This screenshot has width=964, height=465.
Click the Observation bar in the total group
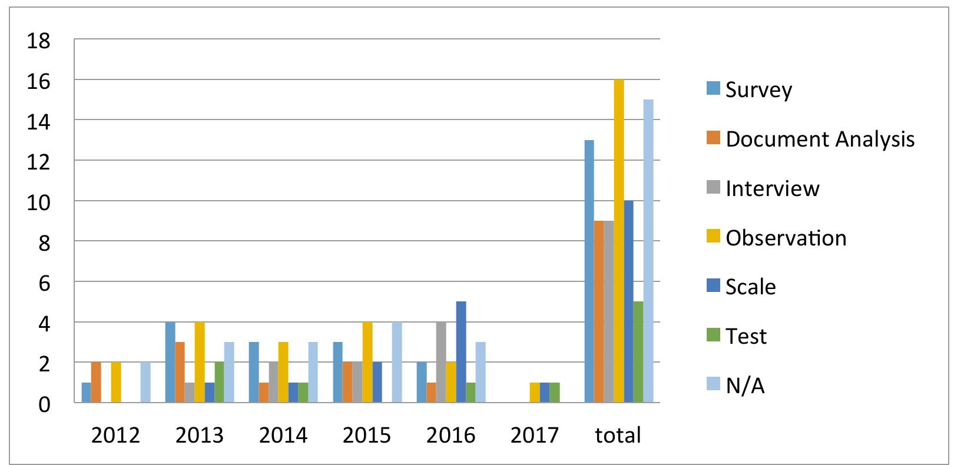click(618, 241)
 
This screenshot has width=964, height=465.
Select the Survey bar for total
click(589, 271)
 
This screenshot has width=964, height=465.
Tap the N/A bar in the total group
click(648, 251)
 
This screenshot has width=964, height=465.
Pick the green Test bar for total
click(638, 352)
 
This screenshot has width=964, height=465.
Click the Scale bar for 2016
click(461, 352)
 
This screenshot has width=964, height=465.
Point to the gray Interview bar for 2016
click(441, 362)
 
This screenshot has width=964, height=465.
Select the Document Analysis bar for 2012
click(96, 383)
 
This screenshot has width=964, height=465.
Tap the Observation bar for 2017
click(535, 393)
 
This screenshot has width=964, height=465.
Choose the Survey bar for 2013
click(170, 362)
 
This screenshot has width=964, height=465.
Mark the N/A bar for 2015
click(397, 362)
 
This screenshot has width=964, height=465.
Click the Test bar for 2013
click(220, 383)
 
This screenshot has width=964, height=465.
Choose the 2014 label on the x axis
click(283, 435)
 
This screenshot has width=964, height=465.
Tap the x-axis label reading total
click(618, 435)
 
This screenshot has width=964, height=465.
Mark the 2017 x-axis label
click(534, 435)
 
